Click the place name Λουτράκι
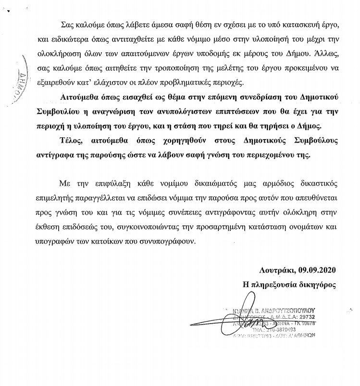(278, 269)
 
